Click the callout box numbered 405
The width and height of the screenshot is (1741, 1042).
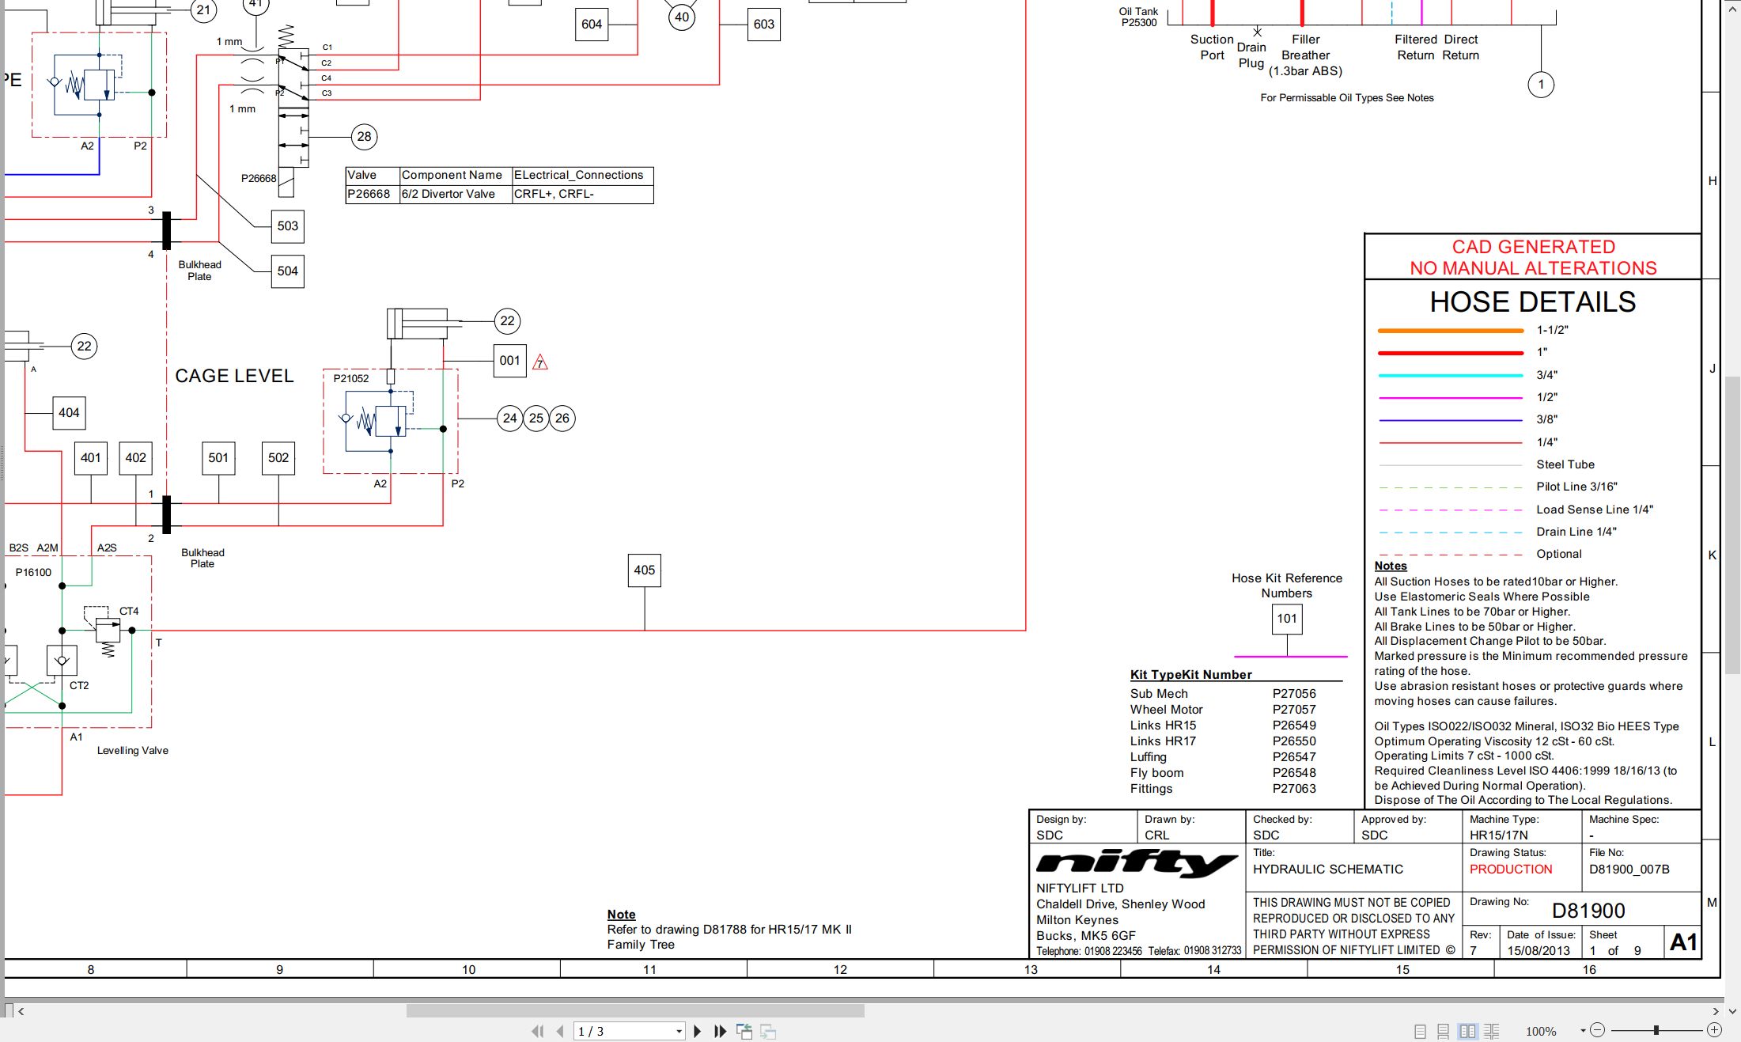pos(644,570)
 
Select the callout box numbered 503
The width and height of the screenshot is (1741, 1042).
pos(287,226)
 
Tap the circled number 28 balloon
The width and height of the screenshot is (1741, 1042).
pos(364,137)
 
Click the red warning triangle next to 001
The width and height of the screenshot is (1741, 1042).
pos(540,362)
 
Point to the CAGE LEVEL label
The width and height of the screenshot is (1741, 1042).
pos(234,376)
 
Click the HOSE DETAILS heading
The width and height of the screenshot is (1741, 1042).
pos(1532,301)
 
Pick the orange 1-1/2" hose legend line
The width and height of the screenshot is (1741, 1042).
pos(1450,331)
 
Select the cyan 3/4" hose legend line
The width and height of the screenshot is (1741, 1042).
pos(1450,375)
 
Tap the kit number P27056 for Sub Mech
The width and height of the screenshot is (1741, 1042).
pos(1294,694)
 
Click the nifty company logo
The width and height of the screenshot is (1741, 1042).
pos(1137,864)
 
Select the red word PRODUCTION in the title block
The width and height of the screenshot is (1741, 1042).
pos(1511,869)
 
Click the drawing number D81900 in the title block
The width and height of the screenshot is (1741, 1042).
pos(1588,911)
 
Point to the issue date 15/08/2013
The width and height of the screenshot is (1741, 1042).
pos(1539,950)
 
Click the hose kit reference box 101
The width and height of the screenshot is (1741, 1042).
pos(1287,619)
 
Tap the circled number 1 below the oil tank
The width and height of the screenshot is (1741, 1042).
pos(1541,85)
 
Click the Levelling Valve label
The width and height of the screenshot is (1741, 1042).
pos(133,751)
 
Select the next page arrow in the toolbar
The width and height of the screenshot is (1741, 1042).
pos(697,1031)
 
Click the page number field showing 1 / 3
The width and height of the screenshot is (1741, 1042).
pos(629,1031)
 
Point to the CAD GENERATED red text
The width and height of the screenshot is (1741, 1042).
pos(1533,247)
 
